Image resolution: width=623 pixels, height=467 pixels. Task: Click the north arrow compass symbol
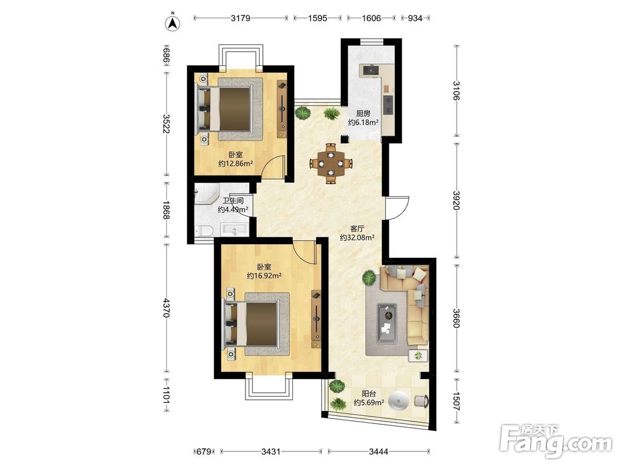tap(173, 22)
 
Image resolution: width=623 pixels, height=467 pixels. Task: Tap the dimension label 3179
tap(240, 18)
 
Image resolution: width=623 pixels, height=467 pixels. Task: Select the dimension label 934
tap(415, 18)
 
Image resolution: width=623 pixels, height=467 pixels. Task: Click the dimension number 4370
tap(166, 307)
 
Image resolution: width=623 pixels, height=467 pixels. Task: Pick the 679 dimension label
tap(204, 451)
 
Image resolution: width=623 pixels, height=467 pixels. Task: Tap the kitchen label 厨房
tap(363, 113)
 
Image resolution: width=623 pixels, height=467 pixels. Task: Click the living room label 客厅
tap(358, 229)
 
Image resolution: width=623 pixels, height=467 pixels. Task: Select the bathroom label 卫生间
tap(233, 201)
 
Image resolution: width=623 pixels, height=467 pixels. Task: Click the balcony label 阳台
tap(369, 394)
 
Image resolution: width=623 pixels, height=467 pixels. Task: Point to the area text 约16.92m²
tap(264, 276)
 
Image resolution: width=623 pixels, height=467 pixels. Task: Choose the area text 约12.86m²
tap(236, 164)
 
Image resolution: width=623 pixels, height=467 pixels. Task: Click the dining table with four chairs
tap(331, 163)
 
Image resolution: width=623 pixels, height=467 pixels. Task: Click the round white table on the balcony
tap(399, 400)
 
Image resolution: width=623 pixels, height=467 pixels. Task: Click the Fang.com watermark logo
tap(556, 441)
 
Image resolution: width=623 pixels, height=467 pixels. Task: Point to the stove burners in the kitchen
tap(388, 104)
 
